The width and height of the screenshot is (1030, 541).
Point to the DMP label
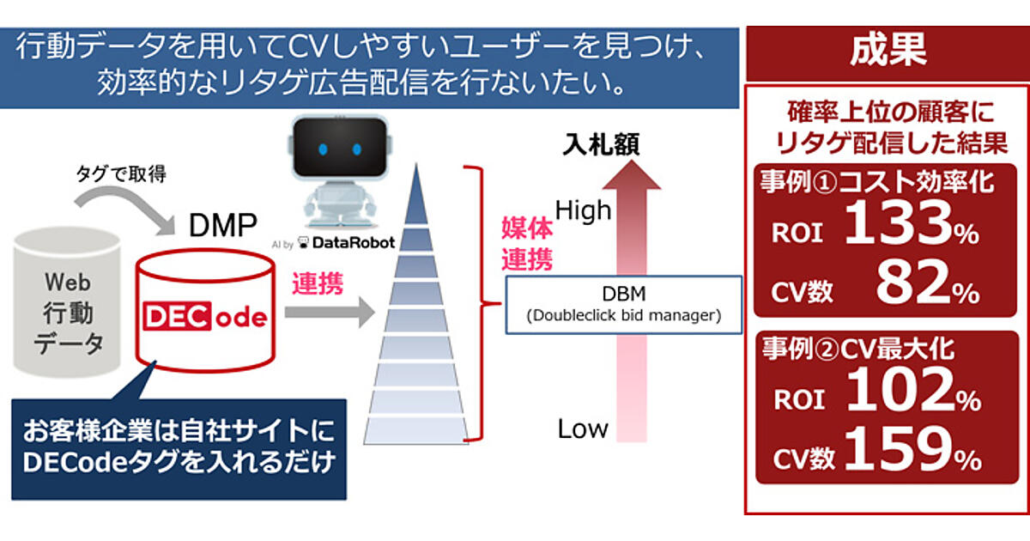[223, 226]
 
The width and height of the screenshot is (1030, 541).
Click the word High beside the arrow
[584, 210]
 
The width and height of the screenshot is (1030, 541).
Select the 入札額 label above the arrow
[601, 145]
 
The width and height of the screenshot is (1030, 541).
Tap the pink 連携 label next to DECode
[317, 284]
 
